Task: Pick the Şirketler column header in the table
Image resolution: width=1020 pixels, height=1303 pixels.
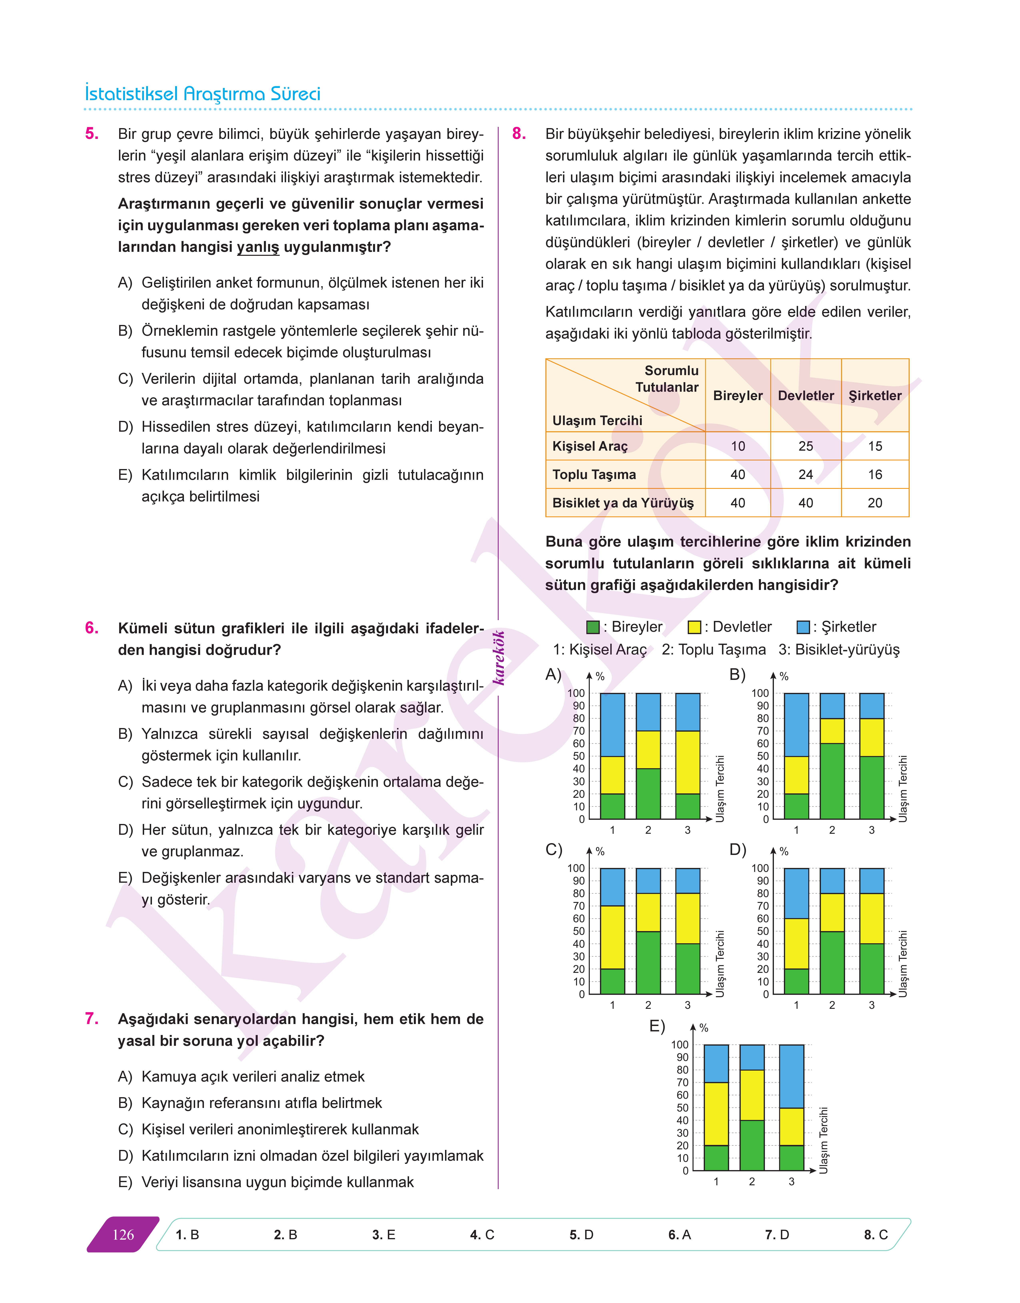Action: [x=875, y=396]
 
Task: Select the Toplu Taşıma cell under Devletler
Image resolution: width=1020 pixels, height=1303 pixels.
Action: [x=806, y=474]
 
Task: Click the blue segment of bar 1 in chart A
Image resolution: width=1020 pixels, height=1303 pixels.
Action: [x=612, y=725]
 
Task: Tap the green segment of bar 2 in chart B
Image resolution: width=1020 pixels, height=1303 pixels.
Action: [x=832, y=781]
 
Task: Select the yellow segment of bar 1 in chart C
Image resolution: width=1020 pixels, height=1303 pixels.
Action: [x=612, y=937]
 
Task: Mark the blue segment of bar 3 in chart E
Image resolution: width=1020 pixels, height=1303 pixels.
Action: [x=791, y=1076]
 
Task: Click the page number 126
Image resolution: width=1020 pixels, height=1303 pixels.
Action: [x=123, y=1235]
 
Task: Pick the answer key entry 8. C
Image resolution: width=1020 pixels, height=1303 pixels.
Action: [x=875, y=1235]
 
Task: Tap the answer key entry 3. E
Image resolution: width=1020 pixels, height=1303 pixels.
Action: [x=383, y=1235]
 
